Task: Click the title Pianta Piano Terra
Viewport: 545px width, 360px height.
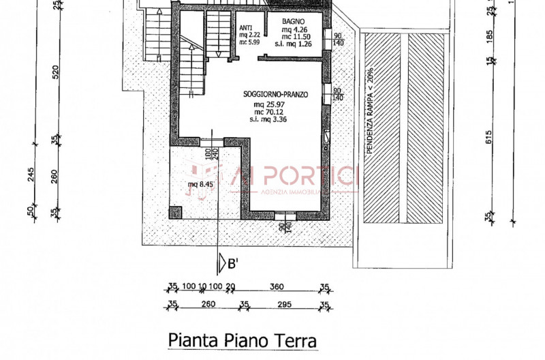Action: point(242,339)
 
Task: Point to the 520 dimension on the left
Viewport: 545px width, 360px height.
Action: point(57,72)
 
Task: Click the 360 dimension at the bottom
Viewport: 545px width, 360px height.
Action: point(277,286)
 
